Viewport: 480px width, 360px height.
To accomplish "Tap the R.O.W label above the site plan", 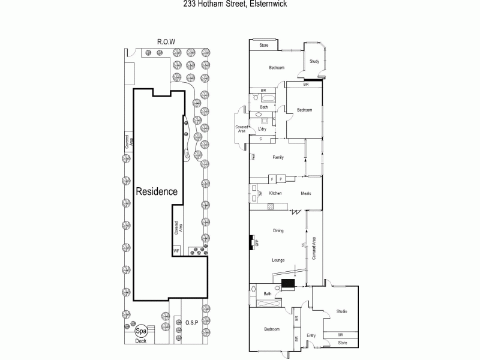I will (x=166, y=42).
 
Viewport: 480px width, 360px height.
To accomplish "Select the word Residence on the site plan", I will (x=157, y=192).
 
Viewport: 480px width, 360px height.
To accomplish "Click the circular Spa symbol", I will (x=142, y=331).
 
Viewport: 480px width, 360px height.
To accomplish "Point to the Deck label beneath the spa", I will (x=141, y=341).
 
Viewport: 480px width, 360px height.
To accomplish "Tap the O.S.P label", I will (x=192, y=323).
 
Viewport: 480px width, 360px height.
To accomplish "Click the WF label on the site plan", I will (x=176, y=250).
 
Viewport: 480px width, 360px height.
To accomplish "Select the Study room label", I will (x=314, y=62).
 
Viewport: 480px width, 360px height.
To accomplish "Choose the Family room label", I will (x=278, y=158).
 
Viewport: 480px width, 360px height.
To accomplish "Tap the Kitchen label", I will (x=275, y=193).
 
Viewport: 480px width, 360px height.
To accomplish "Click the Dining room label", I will (x=278, y=230).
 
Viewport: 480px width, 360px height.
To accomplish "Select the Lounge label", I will (x=278, y=260).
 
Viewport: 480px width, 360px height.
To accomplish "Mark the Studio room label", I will (x=341, y=311).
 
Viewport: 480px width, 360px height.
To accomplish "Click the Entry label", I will (x=311, y=335).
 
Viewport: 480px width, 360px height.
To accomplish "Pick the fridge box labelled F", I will (x=271, y=179).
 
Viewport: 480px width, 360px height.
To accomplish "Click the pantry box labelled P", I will (x=280, y=179).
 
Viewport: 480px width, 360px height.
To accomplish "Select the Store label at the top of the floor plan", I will (x=263, y=46).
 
